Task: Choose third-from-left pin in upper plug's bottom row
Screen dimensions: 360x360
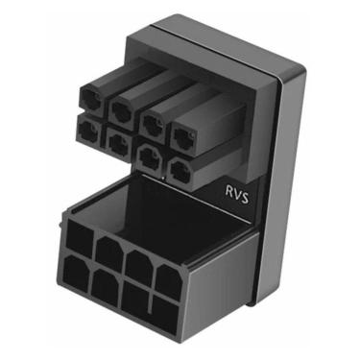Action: [x=150, y=156]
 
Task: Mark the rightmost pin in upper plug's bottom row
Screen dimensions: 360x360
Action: [x=180, y=170]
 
